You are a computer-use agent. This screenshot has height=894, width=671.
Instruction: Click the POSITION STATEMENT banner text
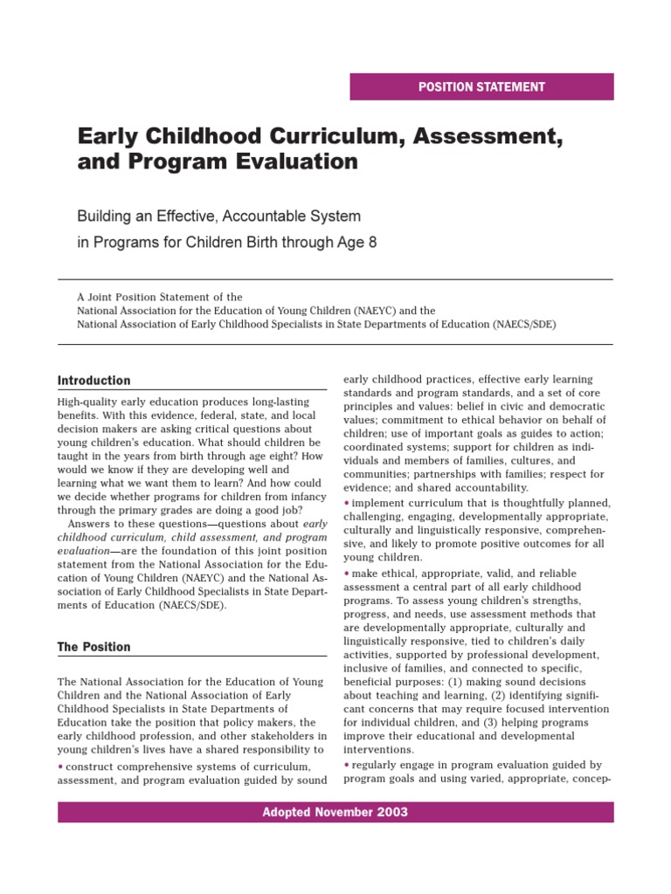[481, 87]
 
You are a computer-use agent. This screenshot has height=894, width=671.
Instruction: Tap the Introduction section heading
[93, 381]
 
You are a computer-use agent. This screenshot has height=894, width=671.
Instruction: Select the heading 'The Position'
[93, 647]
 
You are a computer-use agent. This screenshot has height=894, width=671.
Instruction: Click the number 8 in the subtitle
[373, 242]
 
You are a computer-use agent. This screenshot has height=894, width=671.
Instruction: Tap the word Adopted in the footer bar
[287, 812]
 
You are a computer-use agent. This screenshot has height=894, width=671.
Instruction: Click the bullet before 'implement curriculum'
[347, 504]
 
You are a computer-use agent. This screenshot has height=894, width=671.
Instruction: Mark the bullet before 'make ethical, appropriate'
[347, 574]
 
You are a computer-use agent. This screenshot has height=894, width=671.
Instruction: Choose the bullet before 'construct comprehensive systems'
[60, 766]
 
